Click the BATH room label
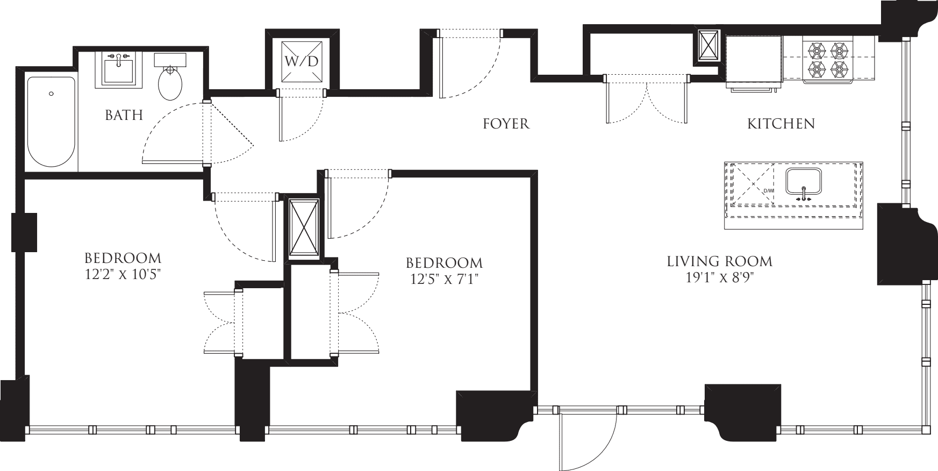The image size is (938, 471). pos(124,115)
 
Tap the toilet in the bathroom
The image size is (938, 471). pos(170,83)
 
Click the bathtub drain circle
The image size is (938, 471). pos(51,94)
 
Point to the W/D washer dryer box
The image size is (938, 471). pos(302,61)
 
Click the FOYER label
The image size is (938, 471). pos(506,124)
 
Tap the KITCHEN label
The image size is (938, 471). pos(781,124)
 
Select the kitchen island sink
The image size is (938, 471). pos(804,181)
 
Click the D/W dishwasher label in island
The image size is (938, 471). pos(768,191)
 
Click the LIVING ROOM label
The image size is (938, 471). pos(719,261)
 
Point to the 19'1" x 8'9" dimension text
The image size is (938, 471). pos(719,277)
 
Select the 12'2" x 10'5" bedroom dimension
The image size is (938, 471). pos(123,274)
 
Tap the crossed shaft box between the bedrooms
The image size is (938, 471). pos(304,228)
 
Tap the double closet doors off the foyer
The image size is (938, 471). pos(647,102)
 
